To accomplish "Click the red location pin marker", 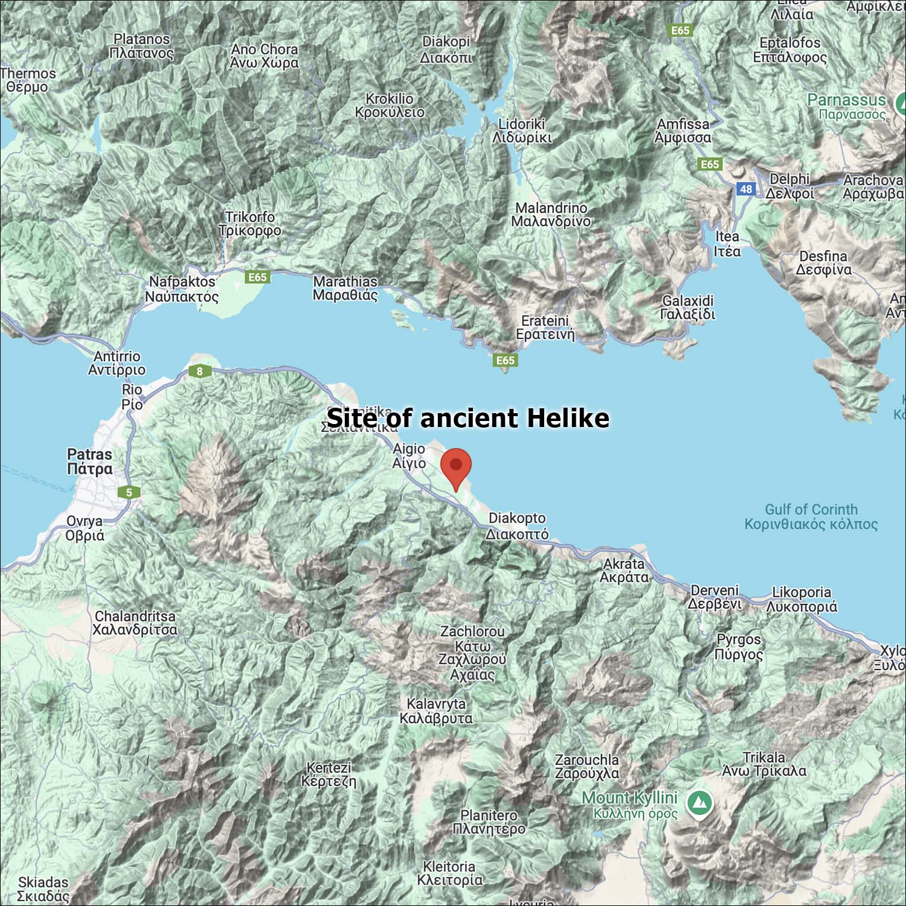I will point(456,467).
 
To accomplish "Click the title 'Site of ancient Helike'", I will point(468,418).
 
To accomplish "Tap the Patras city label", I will point(89,461).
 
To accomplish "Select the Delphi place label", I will point(789,186).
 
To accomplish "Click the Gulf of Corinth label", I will point(811,516).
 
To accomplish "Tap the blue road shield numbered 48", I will point(746,189).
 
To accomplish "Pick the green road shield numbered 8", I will point(200,371).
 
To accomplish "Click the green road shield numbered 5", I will point(129,492).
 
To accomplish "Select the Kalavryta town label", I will point(436,711).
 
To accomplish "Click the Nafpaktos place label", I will point(182,289).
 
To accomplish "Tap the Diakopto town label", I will point(517,525).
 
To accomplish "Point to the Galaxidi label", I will point(687,307).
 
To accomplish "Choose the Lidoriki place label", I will point(522,130).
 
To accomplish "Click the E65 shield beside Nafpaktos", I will point(257,277).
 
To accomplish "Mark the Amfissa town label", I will point(683,130).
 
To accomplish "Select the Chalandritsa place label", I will point(135,623).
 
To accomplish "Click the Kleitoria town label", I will point(449,873).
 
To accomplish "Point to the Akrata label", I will point(624,570).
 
